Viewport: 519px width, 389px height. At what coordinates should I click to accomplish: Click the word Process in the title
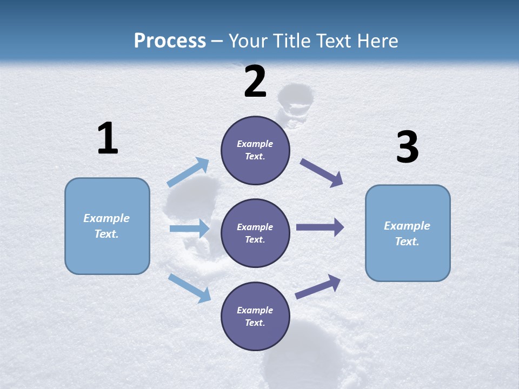tap(170, 41)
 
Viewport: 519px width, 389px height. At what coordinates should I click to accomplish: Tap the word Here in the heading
tap(376, 41)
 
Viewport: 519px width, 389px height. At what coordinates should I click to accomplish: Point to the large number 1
tap(108, 139)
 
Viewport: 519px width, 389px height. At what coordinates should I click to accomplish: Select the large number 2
tap(255, 82)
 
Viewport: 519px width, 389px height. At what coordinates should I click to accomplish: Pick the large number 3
tap(407, 147)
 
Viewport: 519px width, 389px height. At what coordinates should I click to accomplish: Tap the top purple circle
tap(255, 150)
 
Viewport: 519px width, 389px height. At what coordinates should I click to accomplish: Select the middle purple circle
tap(255, 233)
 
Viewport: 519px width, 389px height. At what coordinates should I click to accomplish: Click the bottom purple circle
tap(255, 317)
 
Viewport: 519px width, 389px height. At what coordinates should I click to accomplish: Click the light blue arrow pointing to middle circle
tap(189, 229)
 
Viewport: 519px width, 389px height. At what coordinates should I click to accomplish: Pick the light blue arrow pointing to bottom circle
tap(190, 288)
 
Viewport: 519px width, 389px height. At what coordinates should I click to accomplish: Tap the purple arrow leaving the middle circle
tap(320, 227)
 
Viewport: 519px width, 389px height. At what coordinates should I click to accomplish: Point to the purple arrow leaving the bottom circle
tap(318, 287)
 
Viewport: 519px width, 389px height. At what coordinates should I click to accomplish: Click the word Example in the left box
tap(107, 218)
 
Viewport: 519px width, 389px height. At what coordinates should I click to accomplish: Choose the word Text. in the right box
tap(407, 242)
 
